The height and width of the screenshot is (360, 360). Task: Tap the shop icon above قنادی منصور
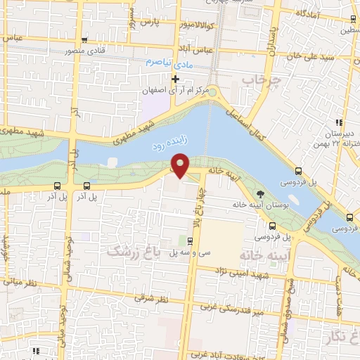coord(84,39)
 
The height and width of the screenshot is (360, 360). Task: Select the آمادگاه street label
coord(310,14)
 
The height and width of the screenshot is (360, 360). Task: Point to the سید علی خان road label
coord(317,54)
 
